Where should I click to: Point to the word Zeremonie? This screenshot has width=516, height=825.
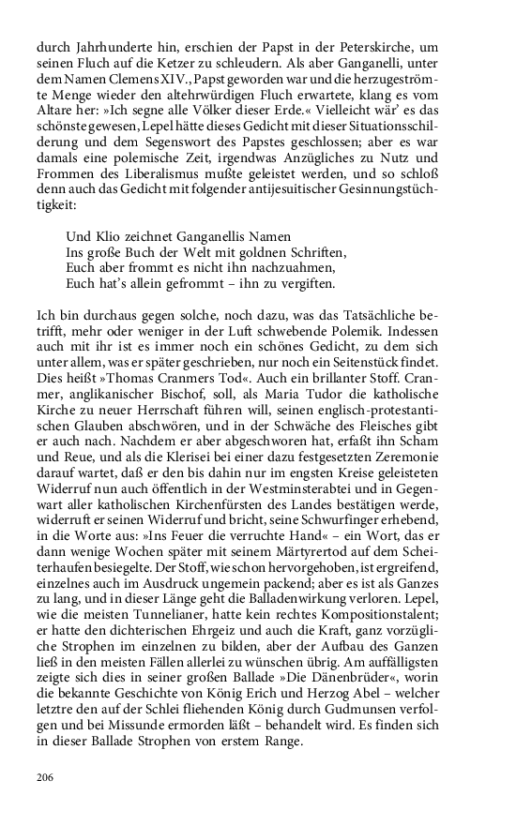tap(439, 475)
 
